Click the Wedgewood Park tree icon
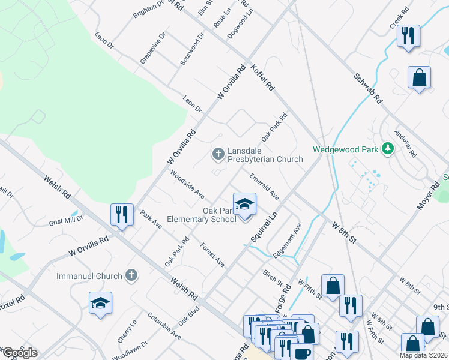388,148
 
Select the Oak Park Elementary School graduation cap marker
244,205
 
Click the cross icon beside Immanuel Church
131,275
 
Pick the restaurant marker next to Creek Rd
408,35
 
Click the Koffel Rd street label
262,77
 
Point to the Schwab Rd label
367,88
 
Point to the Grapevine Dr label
152,48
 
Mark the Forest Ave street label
212,255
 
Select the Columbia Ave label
164,326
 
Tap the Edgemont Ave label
287,241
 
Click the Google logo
20,353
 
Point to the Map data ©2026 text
423,355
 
